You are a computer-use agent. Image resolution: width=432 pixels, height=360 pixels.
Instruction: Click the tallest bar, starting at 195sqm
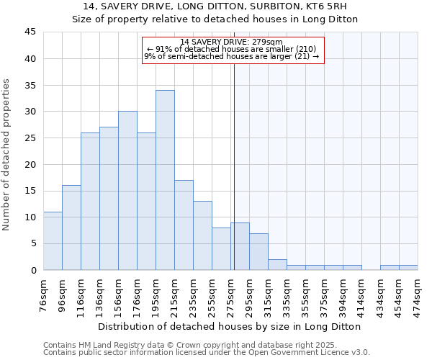(x=165, y=180)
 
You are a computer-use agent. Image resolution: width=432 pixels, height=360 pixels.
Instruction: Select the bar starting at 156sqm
(x=127, y=191)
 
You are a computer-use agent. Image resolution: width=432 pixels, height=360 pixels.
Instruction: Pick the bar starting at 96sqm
(x=71, y=228)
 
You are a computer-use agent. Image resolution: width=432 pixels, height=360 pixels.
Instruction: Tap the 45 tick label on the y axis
(x=30, y=32)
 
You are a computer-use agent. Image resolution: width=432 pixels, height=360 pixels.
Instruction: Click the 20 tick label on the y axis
(x=30, y=164)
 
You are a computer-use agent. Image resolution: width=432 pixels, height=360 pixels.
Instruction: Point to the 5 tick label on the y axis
(x=33, y=243)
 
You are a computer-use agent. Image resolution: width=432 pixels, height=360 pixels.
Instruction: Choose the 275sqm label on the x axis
(x=230, y=295)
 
